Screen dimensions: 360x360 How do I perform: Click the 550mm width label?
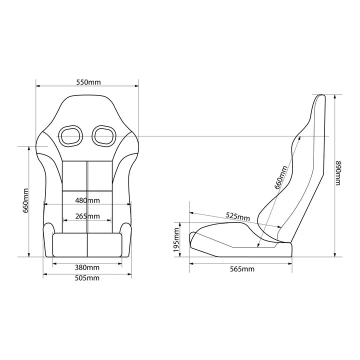88,81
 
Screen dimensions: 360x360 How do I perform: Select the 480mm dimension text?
87,200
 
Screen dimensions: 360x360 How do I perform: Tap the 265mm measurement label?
87,216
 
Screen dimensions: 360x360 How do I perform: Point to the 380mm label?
87,267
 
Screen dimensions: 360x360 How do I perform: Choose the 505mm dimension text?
87,278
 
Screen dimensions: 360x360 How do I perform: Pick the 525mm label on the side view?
237,216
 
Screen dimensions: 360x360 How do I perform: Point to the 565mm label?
242,269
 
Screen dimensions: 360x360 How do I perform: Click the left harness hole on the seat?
70,135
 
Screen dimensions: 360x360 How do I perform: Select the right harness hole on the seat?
104,135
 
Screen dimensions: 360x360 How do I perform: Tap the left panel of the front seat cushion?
69,245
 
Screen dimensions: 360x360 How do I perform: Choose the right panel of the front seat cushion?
104,245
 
